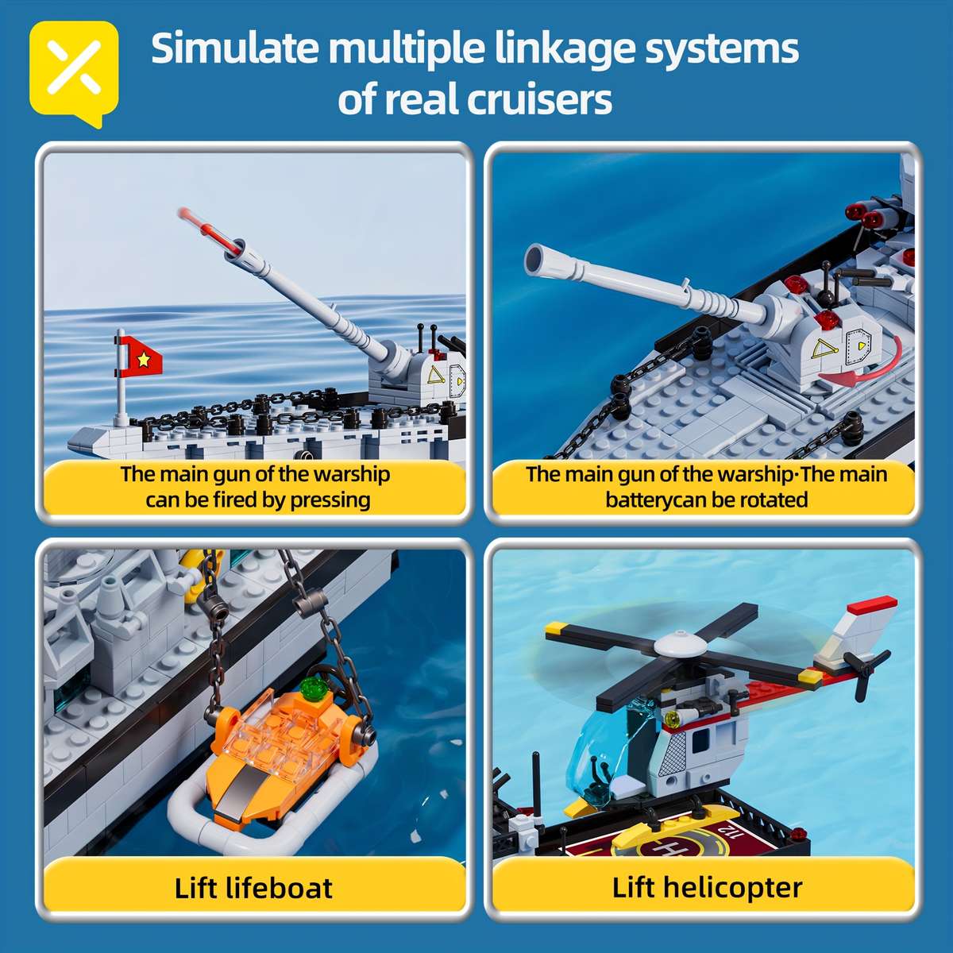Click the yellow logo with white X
click(74, 71)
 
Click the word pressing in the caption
click(330, 500)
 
